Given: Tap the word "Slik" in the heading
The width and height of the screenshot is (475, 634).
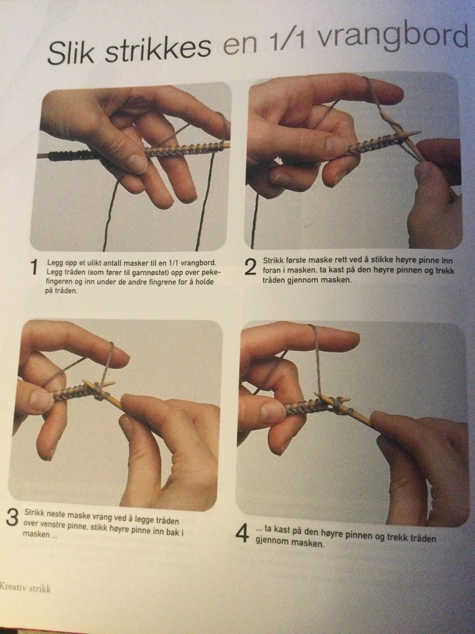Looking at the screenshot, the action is (x=71, y=53).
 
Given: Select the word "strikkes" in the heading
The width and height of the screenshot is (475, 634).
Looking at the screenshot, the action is (x=158, y=49).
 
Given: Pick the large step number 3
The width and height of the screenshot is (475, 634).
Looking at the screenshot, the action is (x=12, y=518).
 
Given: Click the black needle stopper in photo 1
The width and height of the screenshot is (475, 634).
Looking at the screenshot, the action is (x=70, y=156).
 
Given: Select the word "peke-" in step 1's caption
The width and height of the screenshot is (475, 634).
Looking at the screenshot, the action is (x=210, y=272).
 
